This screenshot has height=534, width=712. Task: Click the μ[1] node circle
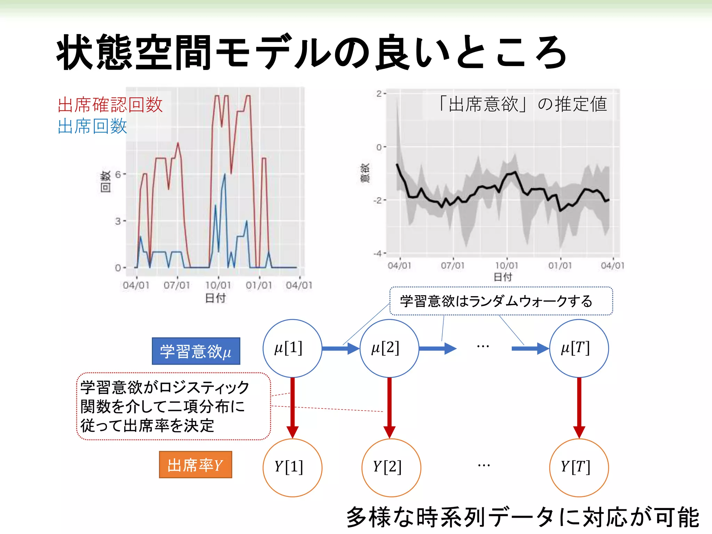tap(292, 348)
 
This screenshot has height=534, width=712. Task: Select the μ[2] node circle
tap(389, 348)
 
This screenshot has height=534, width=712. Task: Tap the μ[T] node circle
tap(579, 348)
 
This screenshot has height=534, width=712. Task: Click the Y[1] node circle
tap(292, 467)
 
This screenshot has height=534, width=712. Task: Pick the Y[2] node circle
tap(391, 467)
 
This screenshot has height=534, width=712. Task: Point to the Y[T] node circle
tap(579, 467)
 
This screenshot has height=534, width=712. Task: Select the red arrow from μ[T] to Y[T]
tap(579, 407)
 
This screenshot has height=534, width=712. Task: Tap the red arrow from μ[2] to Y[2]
tap(389, 407)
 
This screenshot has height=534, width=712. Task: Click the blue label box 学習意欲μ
tap(196, 351)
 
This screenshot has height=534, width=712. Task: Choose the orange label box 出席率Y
tap(195, 465)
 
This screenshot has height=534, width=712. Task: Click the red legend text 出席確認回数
tap(110, 105)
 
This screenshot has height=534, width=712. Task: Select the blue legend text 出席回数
tap(92, 126)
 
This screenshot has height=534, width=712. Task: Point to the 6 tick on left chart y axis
tap(118, 174)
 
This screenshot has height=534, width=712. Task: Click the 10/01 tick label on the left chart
tap(218, 285)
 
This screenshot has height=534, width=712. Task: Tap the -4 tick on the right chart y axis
tap(378, 253)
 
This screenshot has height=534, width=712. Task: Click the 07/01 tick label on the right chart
tap(453, 266)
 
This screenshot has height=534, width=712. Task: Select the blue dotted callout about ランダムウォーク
tap(501, 301)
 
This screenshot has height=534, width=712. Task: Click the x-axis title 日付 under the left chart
tap(215, 298)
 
